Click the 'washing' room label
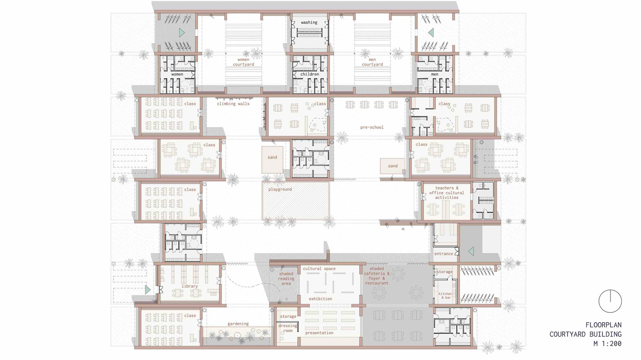click(309, 22)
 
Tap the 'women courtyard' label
click(243, 62)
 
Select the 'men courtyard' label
click(372, 62)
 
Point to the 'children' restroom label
click(309, 74)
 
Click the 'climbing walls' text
click(233, 104)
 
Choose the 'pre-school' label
click(372, 127)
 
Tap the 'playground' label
click(280, 189)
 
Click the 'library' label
click(190, 286)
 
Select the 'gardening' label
click(238, 324)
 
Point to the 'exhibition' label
click(320, 299)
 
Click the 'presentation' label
click(319, 333)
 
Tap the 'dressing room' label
click(287, 328)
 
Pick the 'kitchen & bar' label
click(445, 296)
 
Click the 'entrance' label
click(443, 254)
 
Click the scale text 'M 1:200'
click(607, 343)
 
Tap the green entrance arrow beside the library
click(148, 290)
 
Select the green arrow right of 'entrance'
click(471, 251)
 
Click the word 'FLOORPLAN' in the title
click(603, 325)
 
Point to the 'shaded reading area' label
click(286, 279)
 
